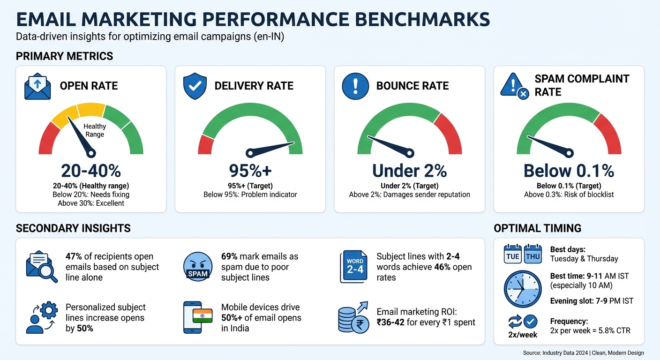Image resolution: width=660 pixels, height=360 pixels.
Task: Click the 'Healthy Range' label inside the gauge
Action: pos(95,130)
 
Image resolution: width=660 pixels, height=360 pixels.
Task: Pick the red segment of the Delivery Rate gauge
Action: pos(205,144)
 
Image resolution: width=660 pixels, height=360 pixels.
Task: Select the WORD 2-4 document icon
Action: pos(355,267)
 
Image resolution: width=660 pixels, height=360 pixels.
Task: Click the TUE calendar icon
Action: pos(513,254)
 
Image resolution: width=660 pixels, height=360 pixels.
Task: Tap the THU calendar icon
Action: pos(532,254)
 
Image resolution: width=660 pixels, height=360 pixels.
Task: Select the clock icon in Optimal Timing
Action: pos(522,289)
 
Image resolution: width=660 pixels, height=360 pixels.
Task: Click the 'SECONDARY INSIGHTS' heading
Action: pos(73,228)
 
